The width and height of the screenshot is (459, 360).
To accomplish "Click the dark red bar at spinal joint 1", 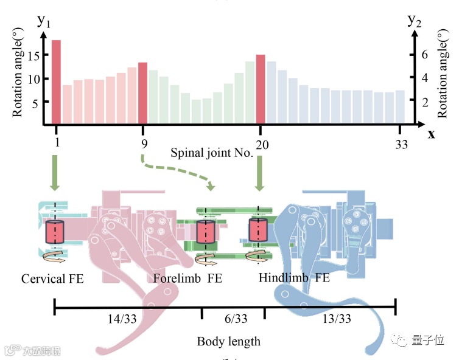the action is [x=56, y=82].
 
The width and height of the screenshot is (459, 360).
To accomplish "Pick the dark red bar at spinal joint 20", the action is [x=261, y=89].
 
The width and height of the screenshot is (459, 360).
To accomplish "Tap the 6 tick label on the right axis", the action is [x=426, y=54].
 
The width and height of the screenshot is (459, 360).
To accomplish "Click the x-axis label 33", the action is [x=401, y=144].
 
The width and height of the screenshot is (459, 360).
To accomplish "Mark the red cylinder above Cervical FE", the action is [x=55, y=232].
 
